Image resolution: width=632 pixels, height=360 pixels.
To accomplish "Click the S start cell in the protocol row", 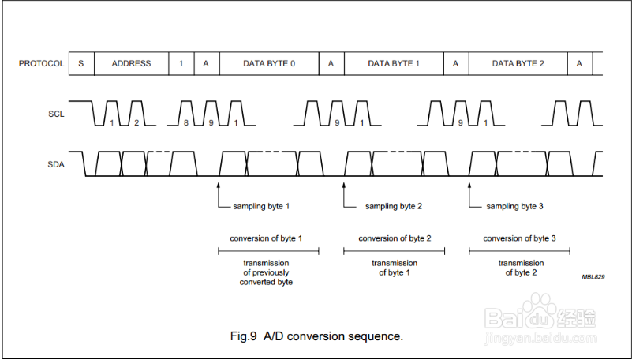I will (80, 63).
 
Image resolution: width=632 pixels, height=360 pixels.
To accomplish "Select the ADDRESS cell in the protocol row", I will (131, 63).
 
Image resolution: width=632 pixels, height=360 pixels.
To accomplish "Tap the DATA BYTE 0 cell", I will (269, 63).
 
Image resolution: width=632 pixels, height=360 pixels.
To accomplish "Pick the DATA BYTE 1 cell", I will (394, 63).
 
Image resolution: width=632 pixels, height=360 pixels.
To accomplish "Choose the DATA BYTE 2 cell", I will (518, 63).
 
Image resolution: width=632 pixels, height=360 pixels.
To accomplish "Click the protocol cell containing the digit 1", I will (181, 63).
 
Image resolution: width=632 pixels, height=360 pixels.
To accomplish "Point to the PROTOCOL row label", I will (42, 63).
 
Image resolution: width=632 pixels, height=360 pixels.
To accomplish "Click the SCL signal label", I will (56, 114).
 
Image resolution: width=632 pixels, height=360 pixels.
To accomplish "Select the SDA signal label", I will (56, 165).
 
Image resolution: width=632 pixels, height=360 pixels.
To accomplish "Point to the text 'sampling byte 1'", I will (261, 206).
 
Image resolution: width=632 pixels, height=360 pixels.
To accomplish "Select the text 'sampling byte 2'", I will (394, 206).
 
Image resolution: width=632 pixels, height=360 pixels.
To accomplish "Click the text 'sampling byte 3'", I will (514, 206).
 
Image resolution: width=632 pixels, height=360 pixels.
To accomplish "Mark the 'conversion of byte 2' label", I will (395, 238).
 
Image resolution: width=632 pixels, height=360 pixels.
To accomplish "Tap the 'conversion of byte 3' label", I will (519, 238).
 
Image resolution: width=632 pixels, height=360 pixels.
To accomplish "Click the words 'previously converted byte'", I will (266, 277).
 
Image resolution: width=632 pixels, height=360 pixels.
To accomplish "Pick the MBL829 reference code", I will (593, 277).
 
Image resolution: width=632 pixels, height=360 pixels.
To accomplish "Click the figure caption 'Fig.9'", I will (244, 336).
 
